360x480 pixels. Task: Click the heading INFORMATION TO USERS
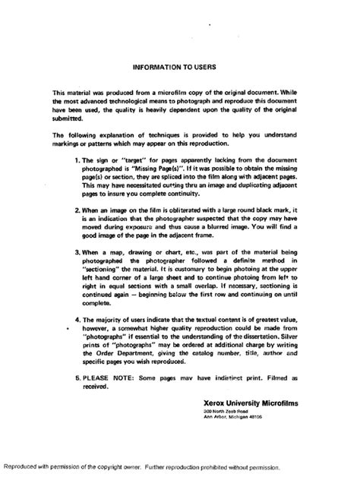[180, 67]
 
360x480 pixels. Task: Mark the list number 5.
[77, 376]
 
